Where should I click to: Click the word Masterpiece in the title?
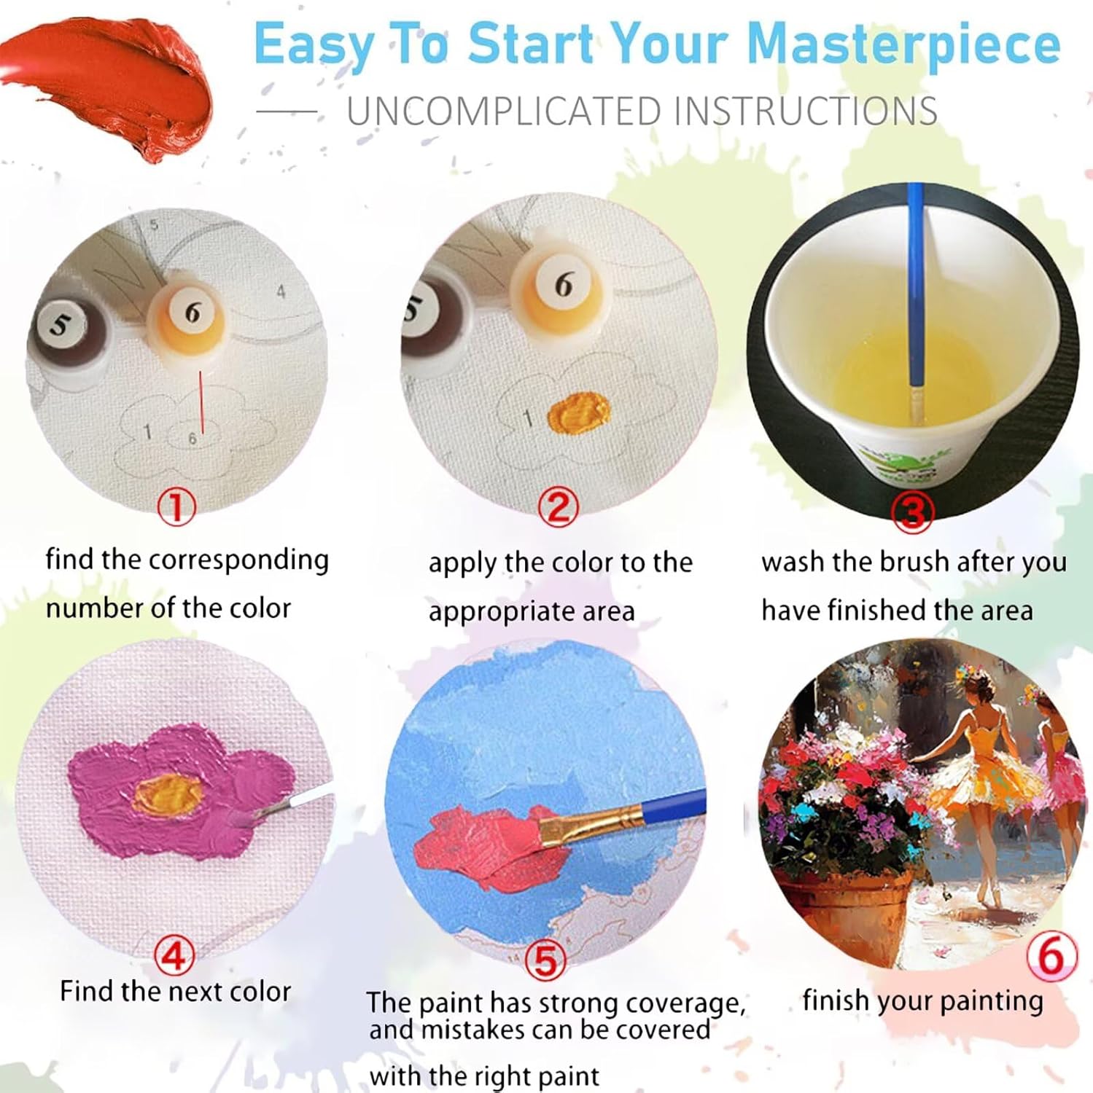(x=903, y=46)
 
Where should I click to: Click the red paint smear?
(x=109, y=84)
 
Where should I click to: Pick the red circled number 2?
(x=558, y=506)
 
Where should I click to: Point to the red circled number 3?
(x=912, y=512)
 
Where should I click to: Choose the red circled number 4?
(x=174, y=955)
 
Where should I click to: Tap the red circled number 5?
(x=546, y=960)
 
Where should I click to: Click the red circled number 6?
(x=1051, y=955)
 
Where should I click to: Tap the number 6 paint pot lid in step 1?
(x=192, y=312)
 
